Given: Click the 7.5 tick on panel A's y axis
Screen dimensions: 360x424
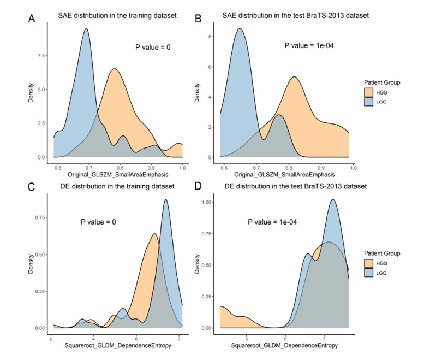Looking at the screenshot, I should pos(45,55).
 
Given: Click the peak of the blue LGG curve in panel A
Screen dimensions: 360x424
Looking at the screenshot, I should pos(86,29).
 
